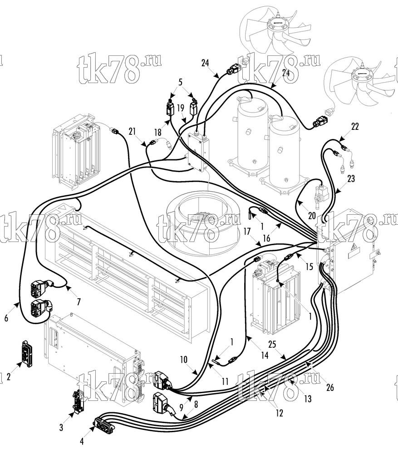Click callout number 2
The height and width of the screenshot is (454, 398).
point(8,377)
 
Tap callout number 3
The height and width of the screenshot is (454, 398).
point(61,427)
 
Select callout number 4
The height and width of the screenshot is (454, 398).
point(82,441)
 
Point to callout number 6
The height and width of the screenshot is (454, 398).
point(6,318)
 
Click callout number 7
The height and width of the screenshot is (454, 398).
point(79,302)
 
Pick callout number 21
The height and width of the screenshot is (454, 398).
point(132,131)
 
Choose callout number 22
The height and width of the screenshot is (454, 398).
point(354,127)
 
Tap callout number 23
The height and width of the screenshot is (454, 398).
point(351,178)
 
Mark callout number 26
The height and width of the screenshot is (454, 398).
point(330,387)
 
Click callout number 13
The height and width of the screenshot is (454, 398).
point(308,399)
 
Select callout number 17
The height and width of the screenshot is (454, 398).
point(247,232)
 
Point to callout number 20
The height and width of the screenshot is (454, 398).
point(312,215)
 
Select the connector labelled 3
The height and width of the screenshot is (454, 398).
point(77,401)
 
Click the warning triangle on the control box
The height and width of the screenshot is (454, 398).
point(354,248)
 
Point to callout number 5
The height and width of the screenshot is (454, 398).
point(180,82)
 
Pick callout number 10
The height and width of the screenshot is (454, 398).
point(184,360)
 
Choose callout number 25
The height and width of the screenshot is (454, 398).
point(272,344)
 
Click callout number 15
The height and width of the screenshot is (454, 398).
point(310,266)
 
